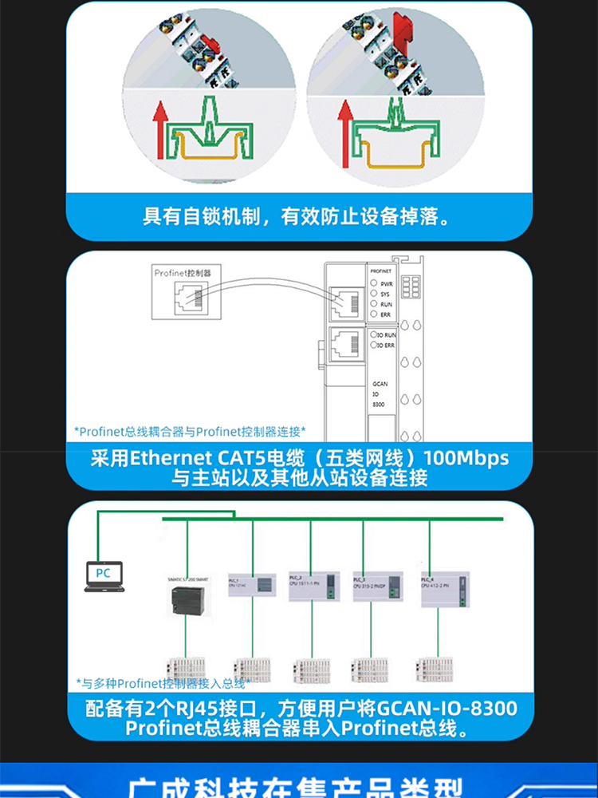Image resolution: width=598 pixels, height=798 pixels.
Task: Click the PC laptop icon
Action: click(104, 577)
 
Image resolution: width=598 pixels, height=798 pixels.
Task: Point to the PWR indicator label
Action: click(387, 283)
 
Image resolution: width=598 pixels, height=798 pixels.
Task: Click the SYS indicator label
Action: click(385, 294)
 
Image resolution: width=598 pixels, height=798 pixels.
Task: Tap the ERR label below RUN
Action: click(386, 314)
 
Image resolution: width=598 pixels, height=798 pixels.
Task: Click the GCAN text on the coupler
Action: click(380, 384)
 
